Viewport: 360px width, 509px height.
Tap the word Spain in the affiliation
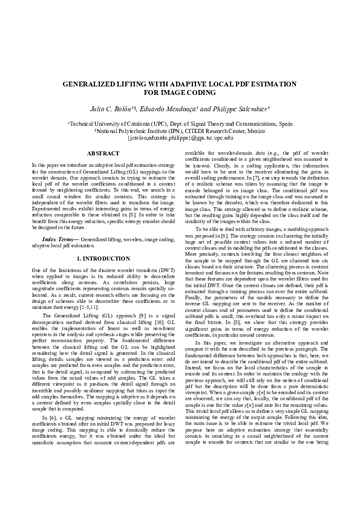tap(286, 123)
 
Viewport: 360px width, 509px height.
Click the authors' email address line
tap(180, 137)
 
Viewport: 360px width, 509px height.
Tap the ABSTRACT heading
tap(103, 154)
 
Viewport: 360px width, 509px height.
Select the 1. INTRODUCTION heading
tap(103, 259)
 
